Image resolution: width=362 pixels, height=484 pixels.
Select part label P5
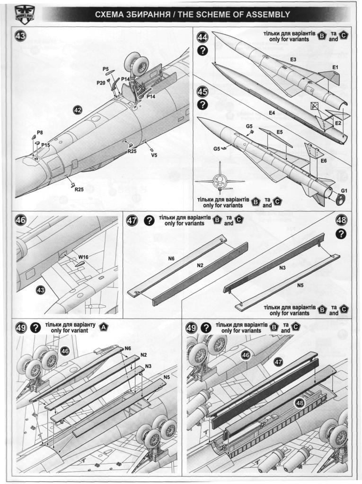click(x=106, y=69)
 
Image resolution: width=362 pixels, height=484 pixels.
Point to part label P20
click(x=101, y=82)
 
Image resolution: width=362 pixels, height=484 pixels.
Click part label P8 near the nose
click(x=40, y=132)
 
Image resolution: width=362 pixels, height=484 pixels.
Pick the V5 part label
click(x=154, y=155)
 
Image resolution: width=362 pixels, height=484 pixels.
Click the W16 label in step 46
click(x=83, y=257)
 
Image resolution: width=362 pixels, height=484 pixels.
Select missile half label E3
click(x=293, y=60)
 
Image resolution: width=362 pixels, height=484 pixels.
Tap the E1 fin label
click(x=335, y=68)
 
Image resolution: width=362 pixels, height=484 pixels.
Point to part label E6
click(x=324, y=161)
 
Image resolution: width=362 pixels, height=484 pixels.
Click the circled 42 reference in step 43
click(x=78, y=111)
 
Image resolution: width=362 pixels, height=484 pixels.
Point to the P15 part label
click(x=45, y=145)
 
